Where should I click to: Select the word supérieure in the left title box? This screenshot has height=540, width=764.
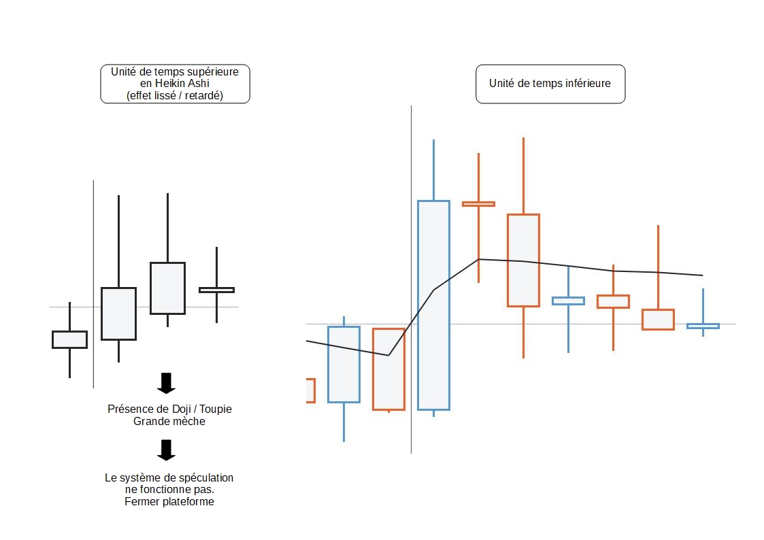tap(212, 71)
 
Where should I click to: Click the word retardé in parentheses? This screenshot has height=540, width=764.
tap(204, 96)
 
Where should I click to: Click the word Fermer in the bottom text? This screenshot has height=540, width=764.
tap(139, 502)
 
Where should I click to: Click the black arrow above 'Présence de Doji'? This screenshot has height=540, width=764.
tap(166, 383)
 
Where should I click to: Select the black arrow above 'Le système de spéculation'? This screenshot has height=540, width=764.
tap(166, 450)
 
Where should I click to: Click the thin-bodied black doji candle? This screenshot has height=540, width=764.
tap(216, 290)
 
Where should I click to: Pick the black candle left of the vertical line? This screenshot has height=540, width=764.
tap(69, 339)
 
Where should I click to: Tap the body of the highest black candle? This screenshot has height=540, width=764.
tap(167, 288)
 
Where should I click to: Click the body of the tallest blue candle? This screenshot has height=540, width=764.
tap(433, 305)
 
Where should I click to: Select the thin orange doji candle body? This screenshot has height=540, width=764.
tap(478, 203)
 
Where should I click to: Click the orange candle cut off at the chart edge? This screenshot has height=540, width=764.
tap(311, 390)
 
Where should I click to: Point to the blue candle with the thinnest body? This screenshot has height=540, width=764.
tap(703, 326)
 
